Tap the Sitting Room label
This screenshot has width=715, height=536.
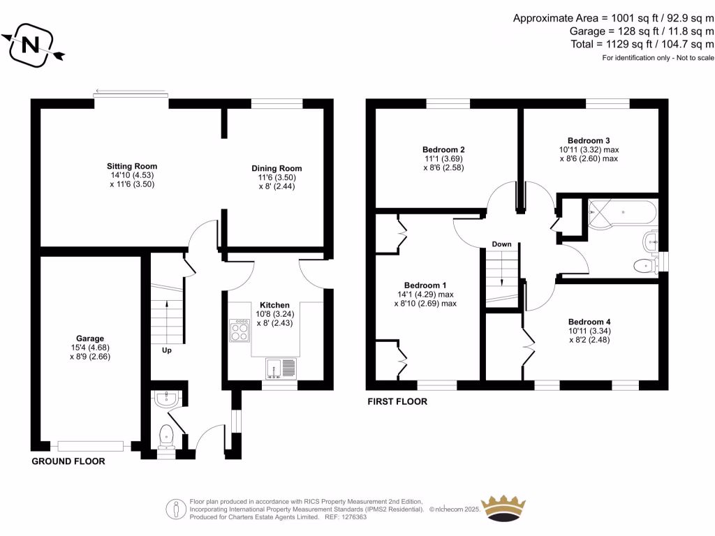[132, 166]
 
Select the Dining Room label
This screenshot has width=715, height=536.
[277, 168]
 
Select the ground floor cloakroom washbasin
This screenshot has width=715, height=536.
[166, 399]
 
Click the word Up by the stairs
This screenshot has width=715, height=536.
[166, 350]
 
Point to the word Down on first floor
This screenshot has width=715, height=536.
[501, 244]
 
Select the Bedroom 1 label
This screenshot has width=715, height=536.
[425, 285]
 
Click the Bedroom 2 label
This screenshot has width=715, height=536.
[443, 149]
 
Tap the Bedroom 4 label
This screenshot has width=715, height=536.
[589, 322]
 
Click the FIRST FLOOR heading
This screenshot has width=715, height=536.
[397, 402]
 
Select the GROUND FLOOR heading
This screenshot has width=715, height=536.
[68, 461]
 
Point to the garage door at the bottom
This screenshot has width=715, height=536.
[91, 446]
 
